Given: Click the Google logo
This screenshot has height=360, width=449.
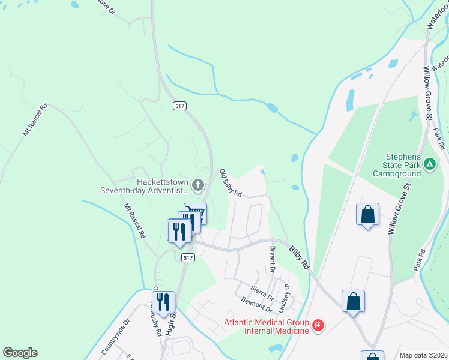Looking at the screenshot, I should [x=20, y=353].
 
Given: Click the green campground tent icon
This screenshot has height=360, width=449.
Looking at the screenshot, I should [x=430, y=163].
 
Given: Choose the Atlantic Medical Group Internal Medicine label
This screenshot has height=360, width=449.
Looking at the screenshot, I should [x=267, y=326].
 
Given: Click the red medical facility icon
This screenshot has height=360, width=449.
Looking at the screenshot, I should [x=318, y=326].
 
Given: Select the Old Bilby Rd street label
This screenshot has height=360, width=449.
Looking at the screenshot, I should [x=231, y=183].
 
